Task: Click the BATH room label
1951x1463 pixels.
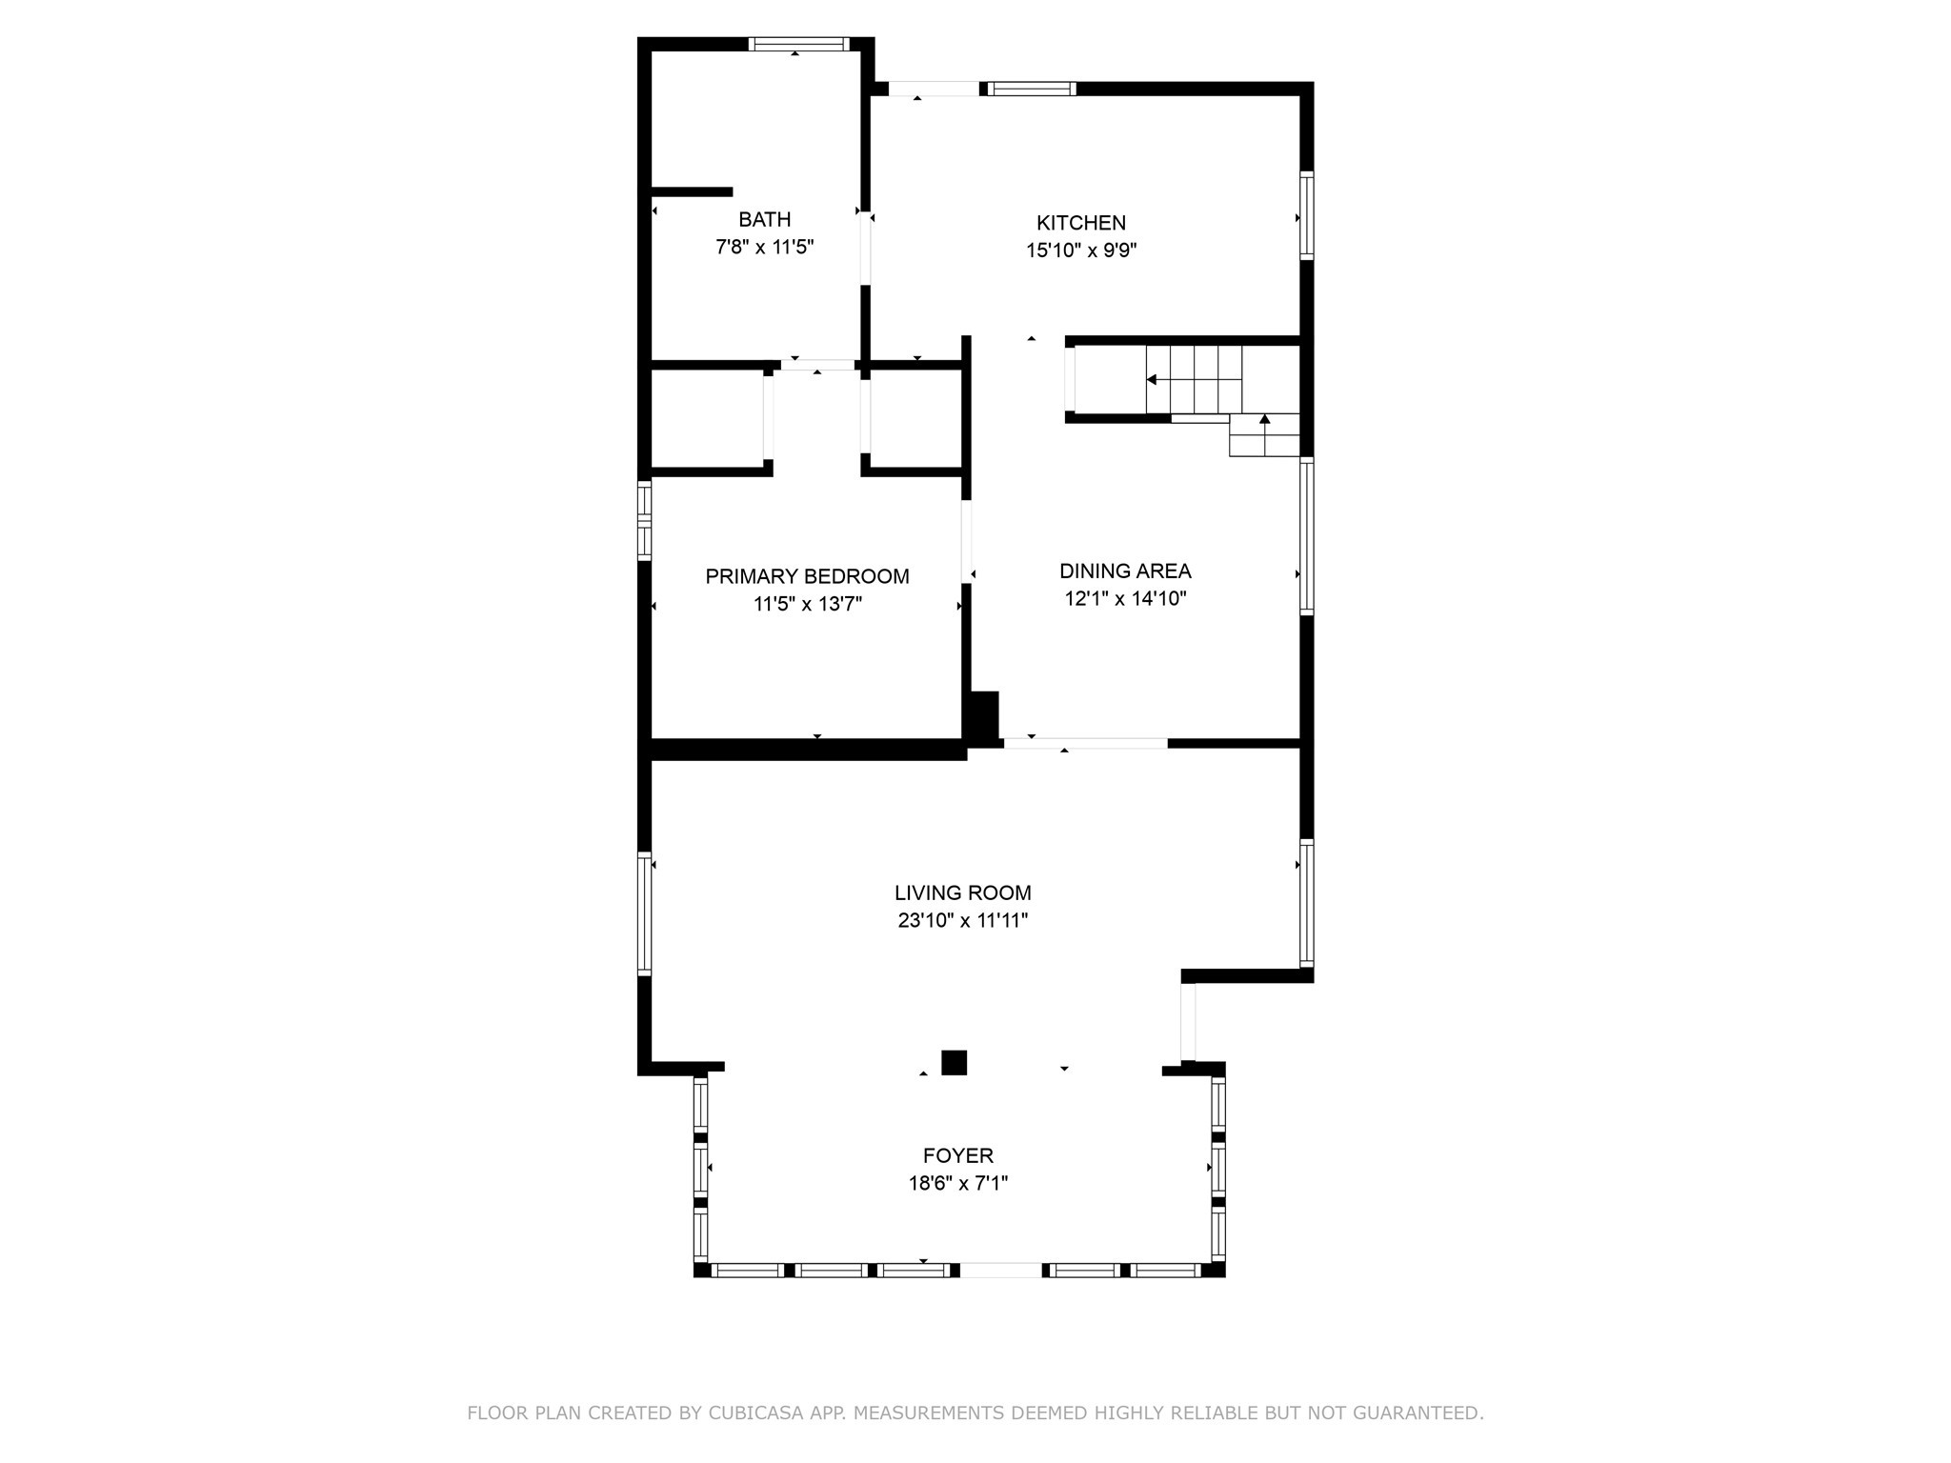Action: point(764,220)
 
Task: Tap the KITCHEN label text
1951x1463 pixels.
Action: point(1081,223)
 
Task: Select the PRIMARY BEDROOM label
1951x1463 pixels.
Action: point(807,576)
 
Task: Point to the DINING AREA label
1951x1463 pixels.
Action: point(1125,571)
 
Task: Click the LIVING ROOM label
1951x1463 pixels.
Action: point(962,893)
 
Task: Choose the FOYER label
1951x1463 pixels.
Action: point(958,1156)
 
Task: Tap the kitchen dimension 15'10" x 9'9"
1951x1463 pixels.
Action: point(1081,251)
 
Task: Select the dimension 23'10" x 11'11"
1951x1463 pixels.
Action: point(962,921)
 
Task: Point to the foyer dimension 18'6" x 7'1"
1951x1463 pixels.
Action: point(958,1184)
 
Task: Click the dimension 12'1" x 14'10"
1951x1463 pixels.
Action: point(1125,599)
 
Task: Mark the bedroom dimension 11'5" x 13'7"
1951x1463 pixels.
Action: point(807,604)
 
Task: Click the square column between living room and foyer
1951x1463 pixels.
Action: point(954,1063)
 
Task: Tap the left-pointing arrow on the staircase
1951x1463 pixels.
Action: point(1153,380)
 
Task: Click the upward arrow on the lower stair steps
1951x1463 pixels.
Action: point(1265,420)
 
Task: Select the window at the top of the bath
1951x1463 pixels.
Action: point(798,44)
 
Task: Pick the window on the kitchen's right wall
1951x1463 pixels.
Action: point(1307,215)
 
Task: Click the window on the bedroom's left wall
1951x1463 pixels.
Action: point(644,520)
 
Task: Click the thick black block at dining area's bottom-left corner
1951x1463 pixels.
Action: point(982,715)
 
